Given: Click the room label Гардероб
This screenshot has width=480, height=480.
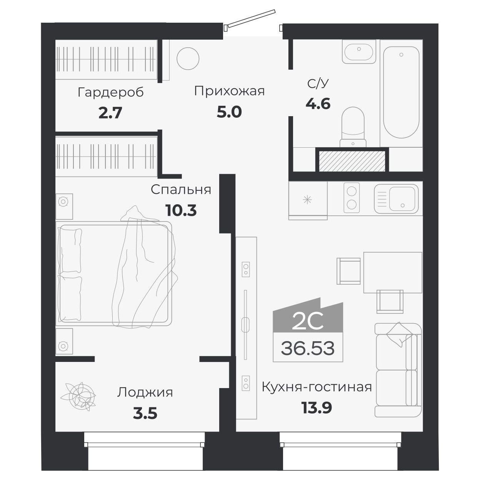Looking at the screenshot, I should tap(110, 92).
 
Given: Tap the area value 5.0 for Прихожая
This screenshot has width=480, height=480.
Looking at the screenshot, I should tap(229, 112).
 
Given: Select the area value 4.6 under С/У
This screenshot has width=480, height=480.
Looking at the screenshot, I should tap(318, 104).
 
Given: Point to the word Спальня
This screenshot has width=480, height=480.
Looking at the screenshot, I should tap(181, 190).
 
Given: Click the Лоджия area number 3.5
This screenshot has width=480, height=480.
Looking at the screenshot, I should tap(145, 414).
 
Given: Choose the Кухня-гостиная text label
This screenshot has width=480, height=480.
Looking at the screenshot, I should tap(317, 387).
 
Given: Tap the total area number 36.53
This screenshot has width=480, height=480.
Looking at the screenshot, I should tap(308, 348).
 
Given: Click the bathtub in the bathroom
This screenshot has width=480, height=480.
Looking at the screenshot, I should tap(401, 92).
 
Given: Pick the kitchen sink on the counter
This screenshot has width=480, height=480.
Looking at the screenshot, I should tap(397, 199).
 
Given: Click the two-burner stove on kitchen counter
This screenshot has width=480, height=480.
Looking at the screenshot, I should tap(351, 197).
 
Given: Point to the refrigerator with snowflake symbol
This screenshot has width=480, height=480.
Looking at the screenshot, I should tap(308, 200).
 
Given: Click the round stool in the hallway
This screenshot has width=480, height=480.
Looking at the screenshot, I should tap(188, 59).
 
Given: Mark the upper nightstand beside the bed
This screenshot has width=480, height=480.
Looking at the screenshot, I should tap(64, 206).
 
